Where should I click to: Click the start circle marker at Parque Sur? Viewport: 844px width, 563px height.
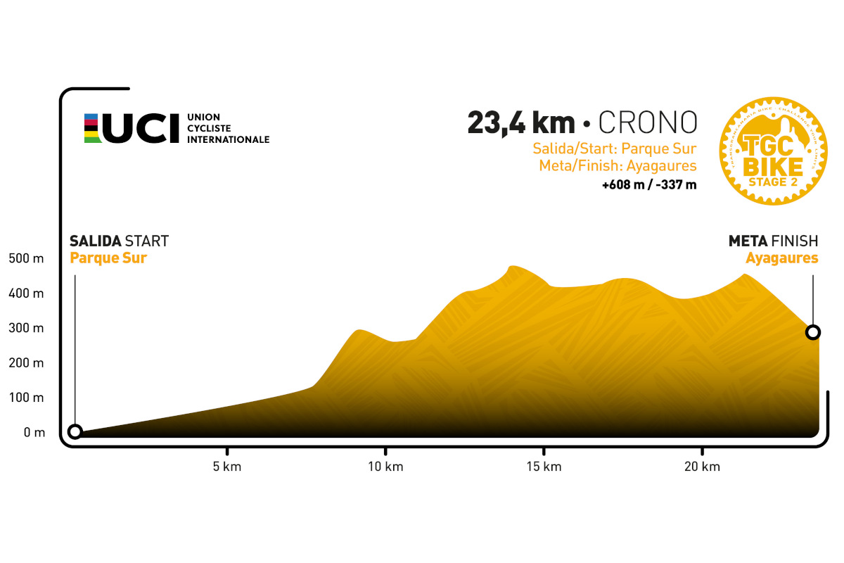point(75,431)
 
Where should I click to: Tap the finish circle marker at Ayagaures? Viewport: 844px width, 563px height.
point(813,331)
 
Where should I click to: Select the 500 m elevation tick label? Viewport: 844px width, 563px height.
point(26,259)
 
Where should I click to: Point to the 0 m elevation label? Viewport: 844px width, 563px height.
point(34,433)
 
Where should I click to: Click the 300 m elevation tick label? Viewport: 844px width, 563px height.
point(26,329)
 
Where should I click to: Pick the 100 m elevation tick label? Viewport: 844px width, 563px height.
point(26,398)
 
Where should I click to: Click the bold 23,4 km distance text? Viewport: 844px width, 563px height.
point(520,122)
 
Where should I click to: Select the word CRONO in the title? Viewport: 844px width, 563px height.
point(648,122)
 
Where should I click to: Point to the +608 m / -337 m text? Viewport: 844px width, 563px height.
point(648,186)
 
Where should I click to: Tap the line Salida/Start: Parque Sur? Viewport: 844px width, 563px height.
point(614,149)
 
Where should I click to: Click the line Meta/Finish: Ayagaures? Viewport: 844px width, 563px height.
point(618,167)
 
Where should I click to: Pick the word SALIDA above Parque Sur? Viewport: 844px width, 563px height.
point(95,241)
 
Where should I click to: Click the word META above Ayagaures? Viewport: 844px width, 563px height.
point(748,241)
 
